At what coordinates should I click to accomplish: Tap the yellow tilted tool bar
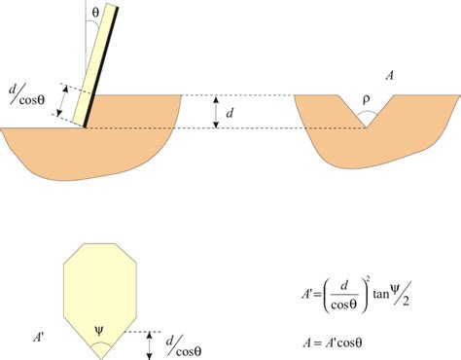pyautogui.click(x=101, y=58)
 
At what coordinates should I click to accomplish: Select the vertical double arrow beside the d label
pyautogui.click(x=216, y=113)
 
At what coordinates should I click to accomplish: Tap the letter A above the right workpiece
pyautogui.click(x=390, y=74)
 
